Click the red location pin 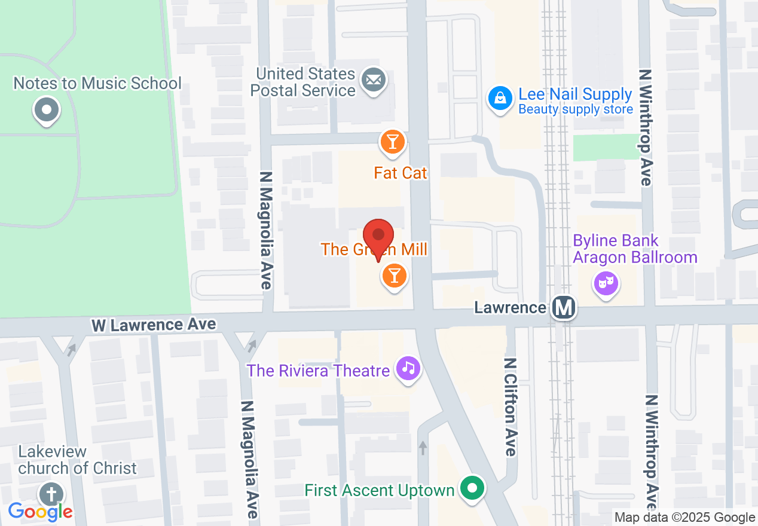pyautogui.click(x=378, y=236)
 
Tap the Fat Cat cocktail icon pyautogui.click(x=392, y=142)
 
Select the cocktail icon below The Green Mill pyautogui.click(x=394, y=276)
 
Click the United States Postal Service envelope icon pyautogui.click(x=374, y=79)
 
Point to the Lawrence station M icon pyautogui.click(x=564, y=308)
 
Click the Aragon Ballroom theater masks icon pyautogui.click(x=605, y=283)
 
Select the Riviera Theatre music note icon pyautogui.click(x=408, y=367)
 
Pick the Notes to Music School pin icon pyautogui.click(x=46, y=109)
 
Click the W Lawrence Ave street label pyautogui.click(x=154, y=325)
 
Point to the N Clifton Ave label pyautogui.click(x=510, y=407)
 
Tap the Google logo pyautogui.click(x=40, y=511)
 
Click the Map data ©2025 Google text pyautogui.click(x=684, y=518)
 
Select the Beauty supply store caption pyautogui.click(x=576, y=109)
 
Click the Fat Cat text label pyautogui.click(x=401, y=173)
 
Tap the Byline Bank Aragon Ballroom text pyautogui.click(x=635, y=249)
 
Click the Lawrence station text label pyautogui.click(x=509, y=308)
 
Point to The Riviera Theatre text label pyautogui.click(x=318, y=371)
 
